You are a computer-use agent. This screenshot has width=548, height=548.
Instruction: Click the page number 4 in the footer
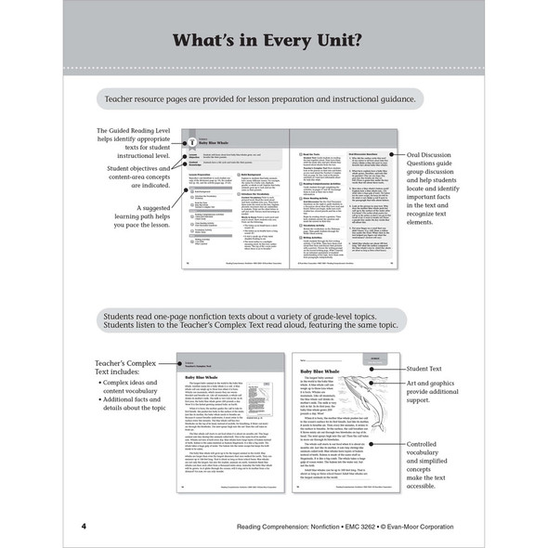84,528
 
